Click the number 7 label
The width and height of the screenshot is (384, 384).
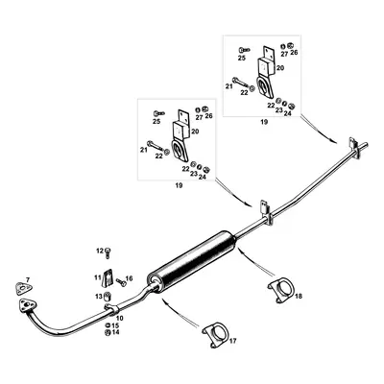[28, 279]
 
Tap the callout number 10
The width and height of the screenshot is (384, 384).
[120, 317]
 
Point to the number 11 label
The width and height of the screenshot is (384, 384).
[97, 277]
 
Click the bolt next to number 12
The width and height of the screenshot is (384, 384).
[108, 252]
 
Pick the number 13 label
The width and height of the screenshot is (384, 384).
[98, 298]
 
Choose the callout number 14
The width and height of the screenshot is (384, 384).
[115, 333]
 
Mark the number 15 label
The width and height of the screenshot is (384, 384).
[115, 325]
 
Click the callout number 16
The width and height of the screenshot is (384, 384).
[130, 277]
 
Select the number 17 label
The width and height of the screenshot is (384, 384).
[231, 340]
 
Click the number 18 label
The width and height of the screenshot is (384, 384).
[299, 298]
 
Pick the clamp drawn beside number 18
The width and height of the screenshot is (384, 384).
[279, 288]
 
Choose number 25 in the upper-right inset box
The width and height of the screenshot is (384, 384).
[241, 58]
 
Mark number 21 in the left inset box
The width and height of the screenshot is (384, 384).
[144, 150]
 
